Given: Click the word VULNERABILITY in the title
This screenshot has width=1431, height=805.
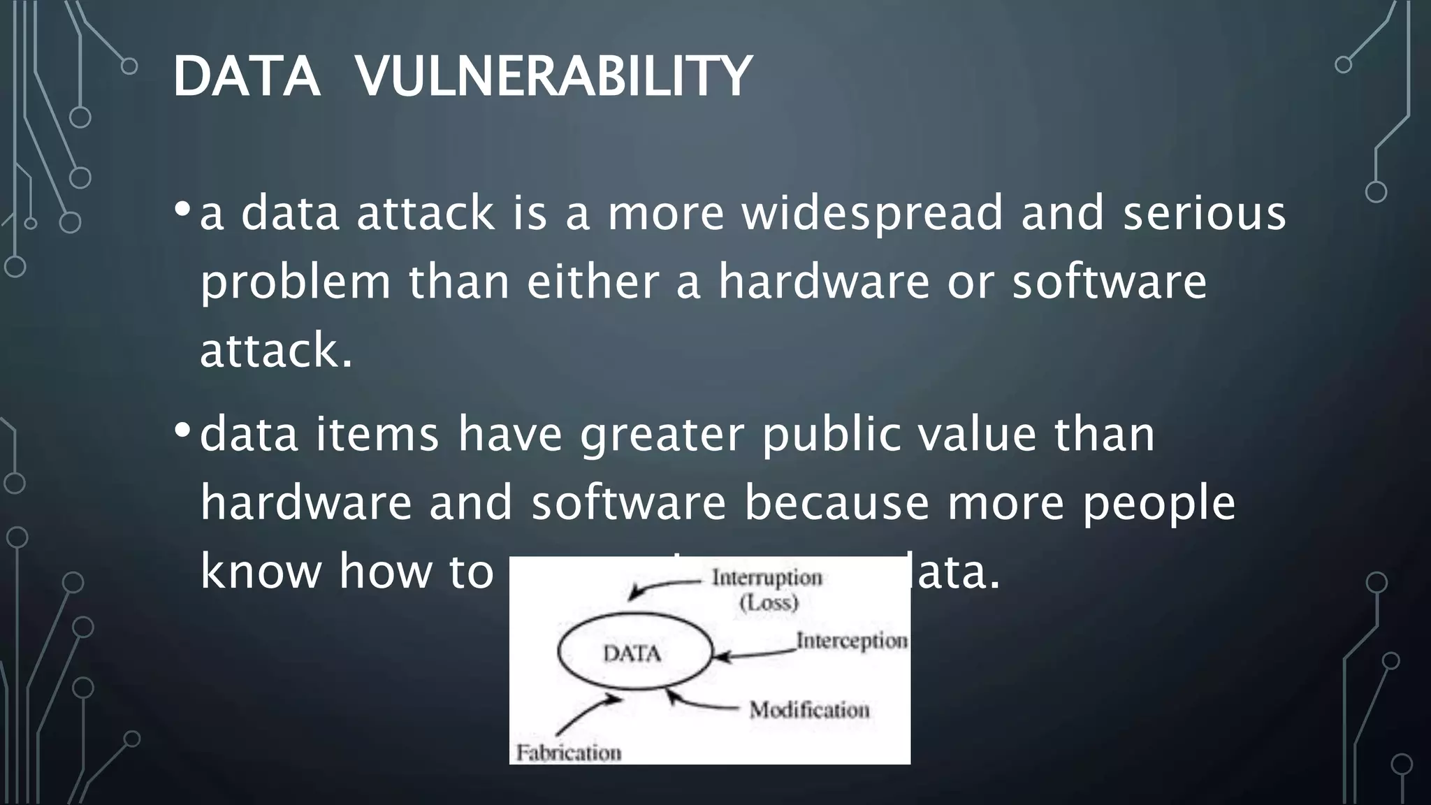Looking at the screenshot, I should pyautogui.click(x=553, y=76).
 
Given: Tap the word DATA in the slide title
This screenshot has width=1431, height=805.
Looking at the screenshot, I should pyautogui.click(x=246, y=76).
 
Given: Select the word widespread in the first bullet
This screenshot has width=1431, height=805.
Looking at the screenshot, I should pyautogui.click(x=872, y=213).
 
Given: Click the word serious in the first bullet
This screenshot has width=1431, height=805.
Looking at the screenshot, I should pyautogui.click(x=1204, y=213).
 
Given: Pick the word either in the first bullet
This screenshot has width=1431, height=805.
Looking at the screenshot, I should pyautogui.click(x=593, y=282).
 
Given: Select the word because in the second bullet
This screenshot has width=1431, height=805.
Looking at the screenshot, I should pyautogui.click(x=836, y=502).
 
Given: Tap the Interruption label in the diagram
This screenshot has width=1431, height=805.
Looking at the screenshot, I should pyautogui.click(x=767, y=578).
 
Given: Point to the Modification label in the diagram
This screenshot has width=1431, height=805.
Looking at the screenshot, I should pyautogui.click(x=809, y=711).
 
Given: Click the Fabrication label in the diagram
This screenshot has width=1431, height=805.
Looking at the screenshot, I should pyautogui.click(x=568, y=753).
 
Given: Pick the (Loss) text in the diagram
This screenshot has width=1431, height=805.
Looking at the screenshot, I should pyautogui.click(x=769, y=602).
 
